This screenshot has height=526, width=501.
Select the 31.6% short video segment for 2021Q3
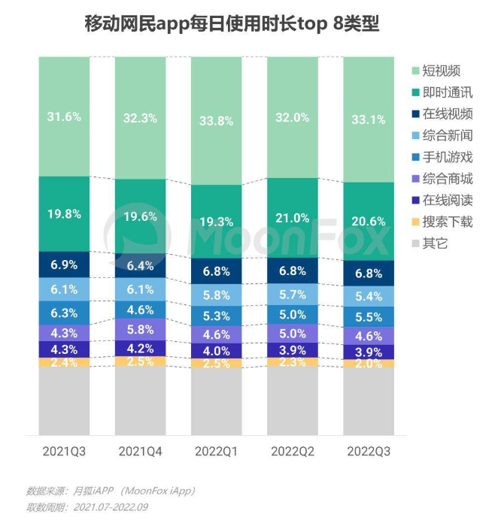click(x=64, y=116)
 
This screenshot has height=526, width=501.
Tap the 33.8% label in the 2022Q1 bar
click(x=217, y=119)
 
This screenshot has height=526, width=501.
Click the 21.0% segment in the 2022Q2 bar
click(x=293, y=218)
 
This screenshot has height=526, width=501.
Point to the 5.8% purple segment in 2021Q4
click(x=140, y=330)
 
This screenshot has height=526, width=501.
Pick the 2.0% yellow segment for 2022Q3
click(x=369, y=364)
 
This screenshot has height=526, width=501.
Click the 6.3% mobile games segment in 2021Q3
click(x=64, y=313)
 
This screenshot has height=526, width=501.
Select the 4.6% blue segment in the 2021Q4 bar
click(x=140, y=309)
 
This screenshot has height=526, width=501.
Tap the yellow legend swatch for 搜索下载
click(x=415, y=222)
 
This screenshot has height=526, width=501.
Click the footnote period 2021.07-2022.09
click(x=105, y=507)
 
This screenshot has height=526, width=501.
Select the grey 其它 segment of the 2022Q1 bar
click(x=217, y=402)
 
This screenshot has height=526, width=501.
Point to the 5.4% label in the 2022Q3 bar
click(x=369, y=297)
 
